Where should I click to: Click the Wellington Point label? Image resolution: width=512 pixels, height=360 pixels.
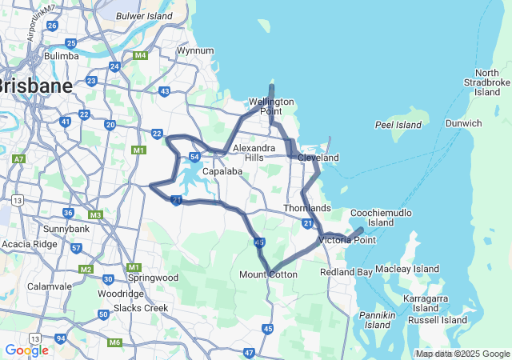coord(272,106)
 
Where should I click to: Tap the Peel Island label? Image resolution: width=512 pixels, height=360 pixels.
coord(398,125)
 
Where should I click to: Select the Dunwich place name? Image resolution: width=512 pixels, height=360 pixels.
coord(464,123)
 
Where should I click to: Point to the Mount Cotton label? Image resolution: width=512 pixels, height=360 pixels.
coord(268,274)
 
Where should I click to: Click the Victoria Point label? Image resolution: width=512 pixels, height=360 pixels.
coord(347,240)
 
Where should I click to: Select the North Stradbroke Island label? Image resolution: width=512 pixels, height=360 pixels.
coord(486,82)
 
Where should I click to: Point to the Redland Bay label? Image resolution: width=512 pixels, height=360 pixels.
coord(346,273)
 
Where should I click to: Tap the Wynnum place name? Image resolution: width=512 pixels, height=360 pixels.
coord(195,50)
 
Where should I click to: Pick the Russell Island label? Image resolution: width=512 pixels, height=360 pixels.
coord(437,320)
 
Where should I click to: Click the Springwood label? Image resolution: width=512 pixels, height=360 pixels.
coord(152,278)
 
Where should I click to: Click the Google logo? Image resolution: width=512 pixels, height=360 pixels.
coord(26,350)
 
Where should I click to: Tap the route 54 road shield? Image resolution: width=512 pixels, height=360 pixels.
coord(194,157)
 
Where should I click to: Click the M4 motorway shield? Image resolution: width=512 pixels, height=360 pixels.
coord(141,55)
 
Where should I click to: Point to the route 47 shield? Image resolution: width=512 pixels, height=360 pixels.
coord(250,352)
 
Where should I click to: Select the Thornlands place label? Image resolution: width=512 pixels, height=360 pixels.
coord(306,208)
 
